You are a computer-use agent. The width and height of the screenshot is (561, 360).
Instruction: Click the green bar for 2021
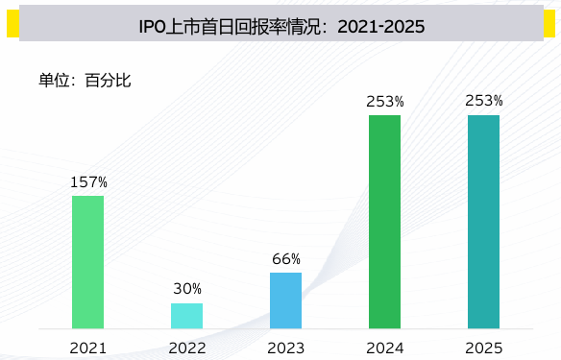pyautogui.click(x=87, y=261)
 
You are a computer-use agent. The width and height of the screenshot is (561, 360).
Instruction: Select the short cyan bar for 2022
pyautogui.click(x=187, y=316)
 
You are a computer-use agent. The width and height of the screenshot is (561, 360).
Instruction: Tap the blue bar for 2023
pyautogui.click(x=285, y=300)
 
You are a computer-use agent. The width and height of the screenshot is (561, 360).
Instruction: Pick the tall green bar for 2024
pyautogui.click(x=384, y=222)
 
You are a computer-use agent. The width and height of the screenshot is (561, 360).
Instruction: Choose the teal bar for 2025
pyautogui.click(x=483, y=222)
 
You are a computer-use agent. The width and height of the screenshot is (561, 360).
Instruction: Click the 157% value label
pyautogui.click(x=88, y=181)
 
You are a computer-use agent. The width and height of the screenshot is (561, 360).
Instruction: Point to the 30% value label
pyautogui.click(x=187, y=289)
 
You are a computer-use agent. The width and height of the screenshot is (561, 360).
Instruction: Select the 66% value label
pyautogui.click(x=286, y=258)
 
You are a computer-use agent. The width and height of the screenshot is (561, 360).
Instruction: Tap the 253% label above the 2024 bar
pyautogui.click(x=384, y=101)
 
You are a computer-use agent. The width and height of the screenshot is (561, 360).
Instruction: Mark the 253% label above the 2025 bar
pyautogui.click(x=484, y=101)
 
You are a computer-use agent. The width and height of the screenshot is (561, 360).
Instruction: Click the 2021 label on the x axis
pyautogui.click(x=88, y=347)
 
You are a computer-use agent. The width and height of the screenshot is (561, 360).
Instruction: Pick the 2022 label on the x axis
pyautogui.click(x=187, y=347)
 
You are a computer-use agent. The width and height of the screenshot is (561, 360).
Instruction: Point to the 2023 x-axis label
pyautogui.click(x=286, y=347)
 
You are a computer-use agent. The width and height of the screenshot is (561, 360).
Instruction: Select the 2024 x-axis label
pyautogui.click(x=384, y=347)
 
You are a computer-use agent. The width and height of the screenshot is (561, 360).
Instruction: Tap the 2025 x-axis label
pyautogui.click(x=484, y=347)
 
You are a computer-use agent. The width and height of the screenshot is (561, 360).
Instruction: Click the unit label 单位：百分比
pyautogui.click(x=84, y=80)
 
